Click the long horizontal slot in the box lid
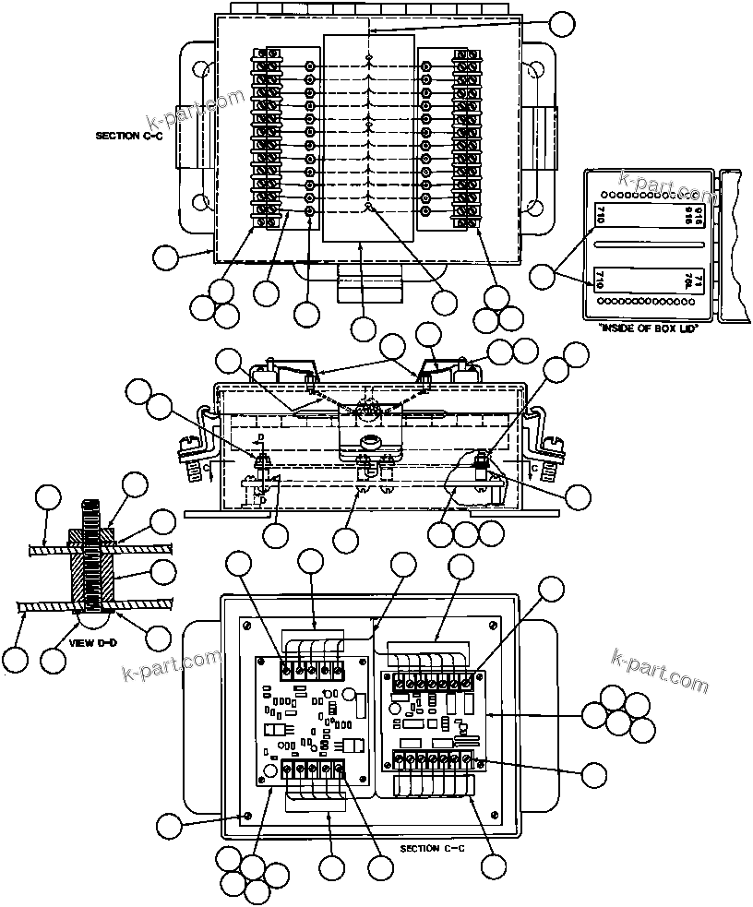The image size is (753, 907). (650, 245)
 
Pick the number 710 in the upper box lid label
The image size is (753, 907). (601, 217)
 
